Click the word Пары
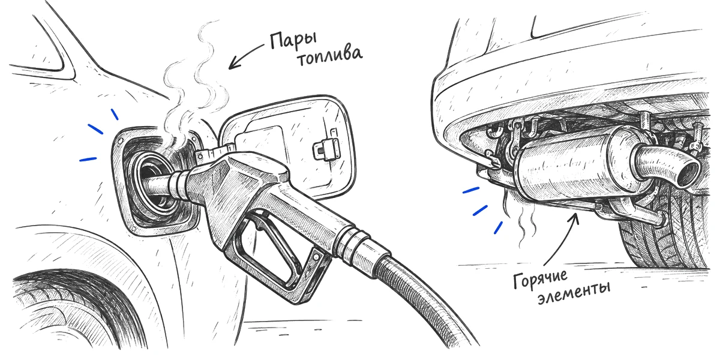click(293, 41)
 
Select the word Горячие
click(540, 278)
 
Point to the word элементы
click(574, 295)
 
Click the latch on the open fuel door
click(326, 149)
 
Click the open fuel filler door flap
click(289, 145)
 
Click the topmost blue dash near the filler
click(115, 114)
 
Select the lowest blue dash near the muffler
click(498, 227)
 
